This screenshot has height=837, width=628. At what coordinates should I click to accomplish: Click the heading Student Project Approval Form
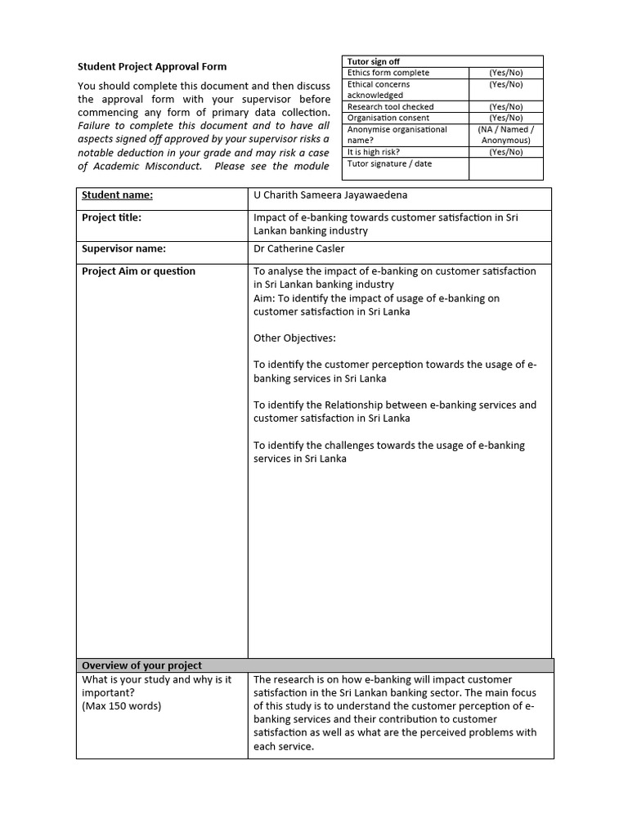(x=152, y=66)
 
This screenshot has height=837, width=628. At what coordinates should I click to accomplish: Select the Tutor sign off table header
(x=374, y=61)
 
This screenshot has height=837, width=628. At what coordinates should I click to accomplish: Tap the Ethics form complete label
(x=388, y=73)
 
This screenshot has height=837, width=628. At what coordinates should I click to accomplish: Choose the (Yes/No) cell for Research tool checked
(x=505, y=106)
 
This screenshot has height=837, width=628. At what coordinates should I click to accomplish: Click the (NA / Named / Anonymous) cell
(x=505, y=135)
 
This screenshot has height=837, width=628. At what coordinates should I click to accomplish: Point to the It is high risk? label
(x=374, y=152)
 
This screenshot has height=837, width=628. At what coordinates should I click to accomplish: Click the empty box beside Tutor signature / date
(x=505, y=168)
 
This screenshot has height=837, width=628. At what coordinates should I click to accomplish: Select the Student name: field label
(x=117, y=195)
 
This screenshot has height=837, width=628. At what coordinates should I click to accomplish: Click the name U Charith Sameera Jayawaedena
(x=330, y=195)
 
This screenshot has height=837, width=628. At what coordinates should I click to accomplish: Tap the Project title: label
(x=111, y=217)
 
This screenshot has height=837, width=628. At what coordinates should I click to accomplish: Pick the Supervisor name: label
(x=123, y=248)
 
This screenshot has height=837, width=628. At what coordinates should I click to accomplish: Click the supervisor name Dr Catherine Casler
(x=300, y=248)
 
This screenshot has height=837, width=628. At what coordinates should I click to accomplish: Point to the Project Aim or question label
(x=138, y=271)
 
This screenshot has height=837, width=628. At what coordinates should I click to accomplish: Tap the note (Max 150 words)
(x=121, y=706)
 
